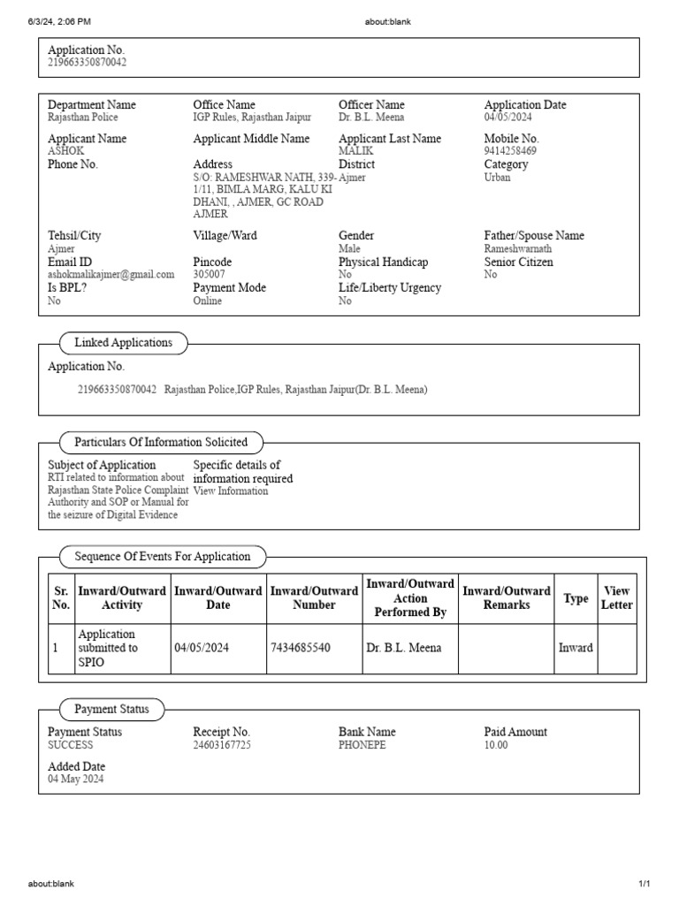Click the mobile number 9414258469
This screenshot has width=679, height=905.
pyautogui.click(x=510, y=151)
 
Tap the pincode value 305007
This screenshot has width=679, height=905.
pyautogui.click(x=210, y=275)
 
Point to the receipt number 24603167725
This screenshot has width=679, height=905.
pyautogui.click(x=222, y=745)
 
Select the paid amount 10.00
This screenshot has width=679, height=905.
pyautogui.click(x=496, y=745)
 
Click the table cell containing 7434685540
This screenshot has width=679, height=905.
pyautogui.click(x=301, y=648)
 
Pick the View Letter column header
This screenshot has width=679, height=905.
pyautogui.click(x=617, y=598)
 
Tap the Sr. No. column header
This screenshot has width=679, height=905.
pyautogui.click(x=61, y=598)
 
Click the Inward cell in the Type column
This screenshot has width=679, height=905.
pyautogui.click(x=576, y=648)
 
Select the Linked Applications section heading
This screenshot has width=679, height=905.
pyautogui.click(x=123, y=343)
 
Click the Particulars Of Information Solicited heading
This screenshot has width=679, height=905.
pyautogui.click(x=161, y=442)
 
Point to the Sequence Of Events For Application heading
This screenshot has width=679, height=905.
pyautogui.click(x=162, y=557)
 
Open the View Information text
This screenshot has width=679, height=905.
pyautogui.click(x=230, y=491)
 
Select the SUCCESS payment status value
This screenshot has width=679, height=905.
pyautogui.click(x=70, y=745)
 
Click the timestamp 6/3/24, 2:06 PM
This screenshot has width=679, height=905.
pyautogui.click(x=59, y=22)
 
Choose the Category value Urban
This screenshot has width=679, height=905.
pyautogui.click(x=497, y=177)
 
